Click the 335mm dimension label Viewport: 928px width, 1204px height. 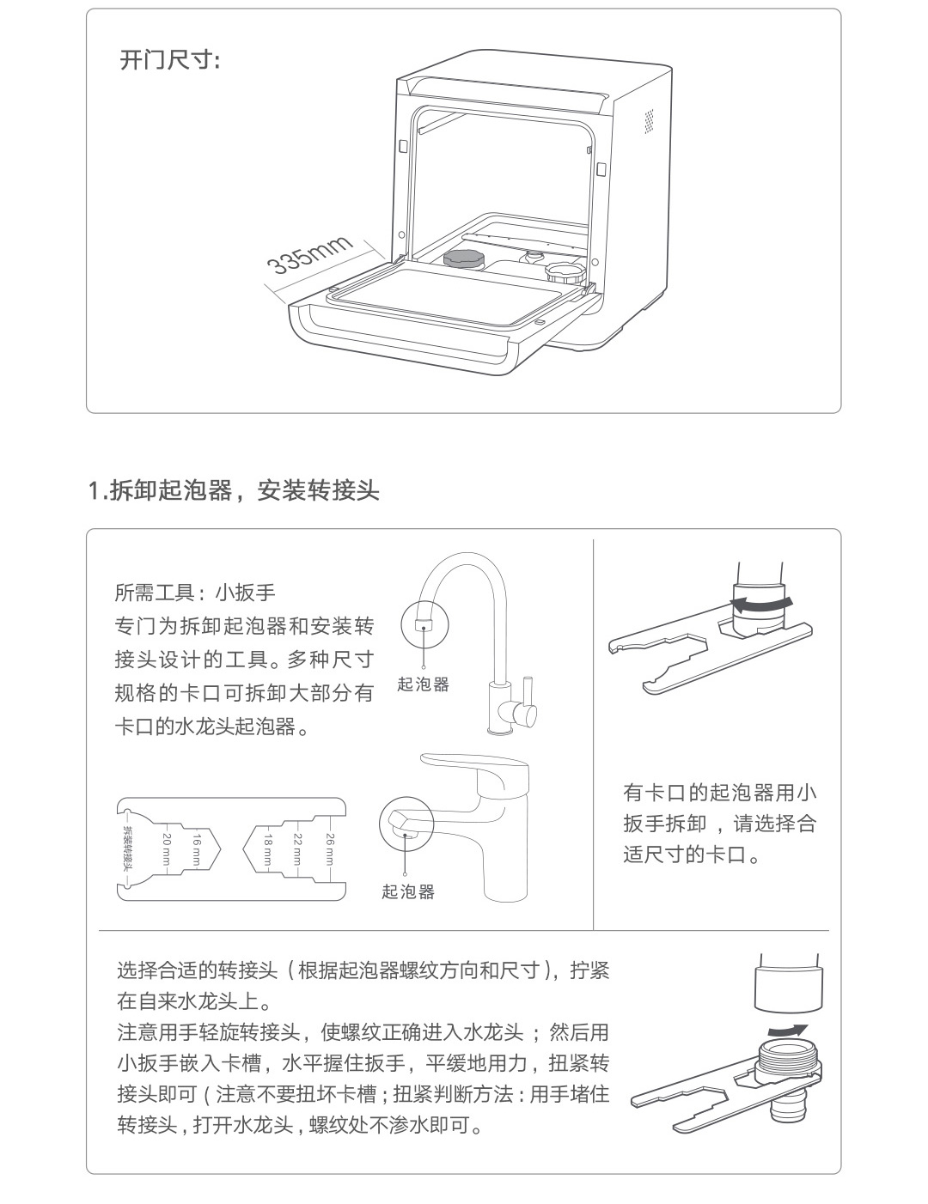[x=310, y=254]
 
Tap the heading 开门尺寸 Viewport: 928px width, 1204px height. [x=169, y=60]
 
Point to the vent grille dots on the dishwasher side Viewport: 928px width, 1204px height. [x=649, y=121]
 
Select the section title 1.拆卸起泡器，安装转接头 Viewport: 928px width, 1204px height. [x=234, y=490]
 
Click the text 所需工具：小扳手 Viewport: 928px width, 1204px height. [x=195, y=593]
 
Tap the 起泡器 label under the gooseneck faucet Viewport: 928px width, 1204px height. [x=423, y=684]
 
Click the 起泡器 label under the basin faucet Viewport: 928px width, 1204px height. [x=408, y=891]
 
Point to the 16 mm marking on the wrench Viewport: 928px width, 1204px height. [x=197, y=850]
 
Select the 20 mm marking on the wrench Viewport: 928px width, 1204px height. [x=167, y=850]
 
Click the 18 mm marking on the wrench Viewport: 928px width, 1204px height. [x=268, y=850]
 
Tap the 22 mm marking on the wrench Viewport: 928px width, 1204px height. [x=297, y=850]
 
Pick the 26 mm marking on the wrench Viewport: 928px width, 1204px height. [x=330, y=850]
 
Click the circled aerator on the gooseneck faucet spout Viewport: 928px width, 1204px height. [x=424, y=623]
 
